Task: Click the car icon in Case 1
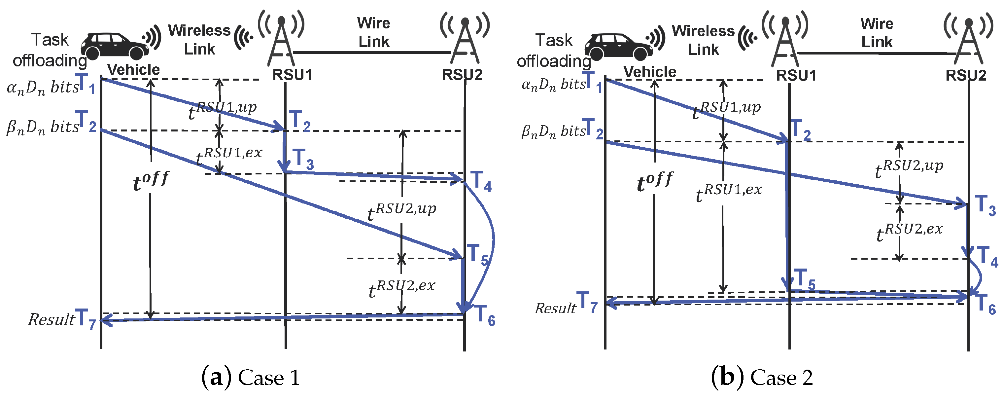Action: click(x=115, y=46)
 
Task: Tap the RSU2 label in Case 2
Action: click(x=966, y=75)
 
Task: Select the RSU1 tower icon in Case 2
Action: click(x=785, y=39)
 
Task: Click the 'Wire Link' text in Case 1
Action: click(x=373, y=32)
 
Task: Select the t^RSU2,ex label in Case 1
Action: click(x=401, y=289)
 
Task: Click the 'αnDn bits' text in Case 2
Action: click(x=553, y=85)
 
